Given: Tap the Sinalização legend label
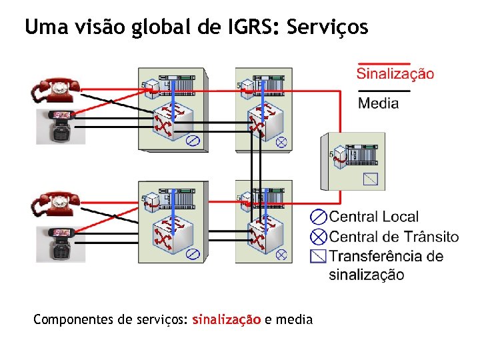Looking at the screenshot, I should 395,74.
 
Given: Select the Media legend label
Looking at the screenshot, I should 379,103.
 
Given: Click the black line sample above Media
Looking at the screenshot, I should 384,90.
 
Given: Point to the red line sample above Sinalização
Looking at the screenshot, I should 374,63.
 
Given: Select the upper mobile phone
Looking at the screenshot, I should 61,126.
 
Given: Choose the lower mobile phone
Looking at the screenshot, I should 61,243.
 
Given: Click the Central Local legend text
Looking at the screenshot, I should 374,217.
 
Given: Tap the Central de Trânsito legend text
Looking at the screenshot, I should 394,237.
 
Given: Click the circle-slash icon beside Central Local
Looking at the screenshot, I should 319,217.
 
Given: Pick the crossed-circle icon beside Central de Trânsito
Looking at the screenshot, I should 319,236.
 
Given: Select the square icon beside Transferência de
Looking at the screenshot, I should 319,255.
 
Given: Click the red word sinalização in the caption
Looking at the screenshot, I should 226,319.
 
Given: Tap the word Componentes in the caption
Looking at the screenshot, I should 73,319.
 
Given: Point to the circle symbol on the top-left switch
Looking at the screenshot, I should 193,141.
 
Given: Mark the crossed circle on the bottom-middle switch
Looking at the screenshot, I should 281,254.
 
